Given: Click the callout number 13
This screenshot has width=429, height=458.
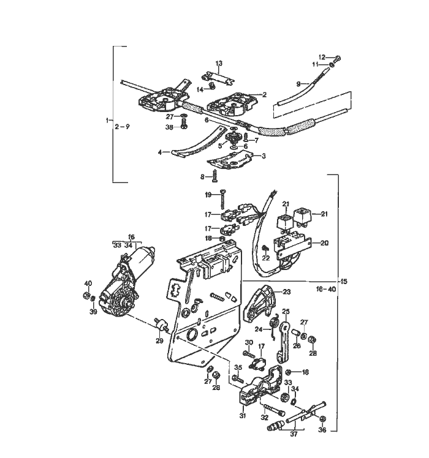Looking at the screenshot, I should point(219,64).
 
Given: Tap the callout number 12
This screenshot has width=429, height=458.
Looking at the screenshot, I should point(329,58).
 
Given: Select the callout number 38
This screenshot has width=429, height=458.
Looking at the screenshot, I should point(169,126).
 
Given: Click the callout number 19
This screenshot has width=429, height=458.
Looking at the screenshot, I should point(208,194).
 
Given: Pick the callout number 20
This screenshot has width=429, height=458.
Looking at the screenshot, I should point(325,243).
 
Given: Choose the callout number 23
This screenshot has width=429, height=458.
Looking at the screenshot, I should point(286,292).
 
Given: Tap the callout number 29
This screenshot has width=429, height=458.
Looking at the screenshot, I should point(160,340).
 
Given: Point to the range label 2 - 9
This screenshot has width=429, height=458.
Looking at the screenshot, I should point(122,127).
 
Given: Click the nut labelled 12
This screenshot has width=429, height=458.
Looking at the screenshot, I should point(339,58).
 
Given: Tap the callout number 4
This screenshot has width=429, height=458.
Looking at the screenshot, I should point(160,152).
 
